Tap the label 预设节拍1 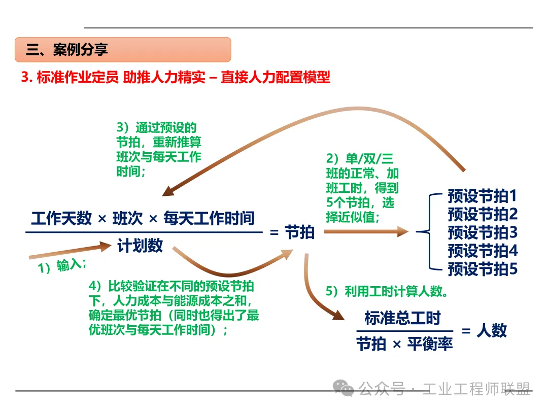point(482,196)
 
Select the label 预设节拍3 point(482,232)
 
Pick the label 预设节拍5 point(482,268)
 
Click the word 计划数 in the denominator point(140,246)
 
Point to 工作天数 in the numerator point(61,219)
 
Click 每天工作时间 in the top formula point(209,219)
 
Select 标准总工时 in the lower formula point(402,318)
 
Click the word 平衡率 point(430,345)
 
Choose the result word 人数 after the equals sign point(491,330)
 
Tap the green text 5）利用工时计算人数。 point(387,292)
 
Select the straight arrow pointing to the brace point(365,232)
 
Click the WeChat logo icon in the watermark point(344,389)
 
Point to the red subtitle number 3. point(25,78)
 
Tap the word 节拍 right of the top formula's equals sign point(299,232)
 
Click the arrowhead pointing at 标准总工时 point(337,315)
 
